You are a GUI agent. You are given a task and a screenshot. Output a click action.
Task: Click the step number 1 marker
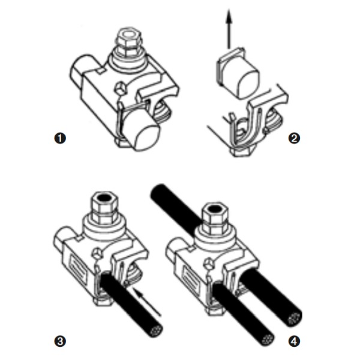click(60, 138)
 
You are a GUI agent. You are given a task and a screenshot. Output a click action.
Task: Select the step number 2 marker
click(294, 138)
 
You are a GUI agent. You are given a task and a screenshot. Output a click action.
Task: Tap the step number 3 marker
click(60, 341)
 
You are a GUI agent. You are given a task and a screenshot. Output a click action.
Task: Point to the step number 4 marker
click(294, 341)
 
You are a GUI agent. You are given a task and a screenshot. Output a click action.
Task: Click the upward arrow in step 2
click(229, 29)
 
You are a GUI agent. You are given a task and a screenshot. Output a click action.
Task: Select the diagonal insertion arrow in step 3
click(148, 302)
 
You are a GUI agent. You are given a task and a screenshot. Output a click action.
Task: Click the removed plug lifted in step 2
click(238, 73)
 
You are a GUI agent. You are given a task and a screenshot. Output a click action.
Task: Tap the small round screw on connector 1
click(121, 88)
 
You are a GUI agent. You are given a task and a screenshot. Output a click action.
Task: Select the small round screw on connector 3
click(97, 253)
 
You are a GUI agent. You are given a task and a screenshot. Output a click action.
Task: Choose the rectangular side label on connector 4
click(191, 278)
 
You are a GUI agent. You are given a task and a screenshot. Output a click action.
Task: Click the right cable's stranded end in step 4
click(295, 319)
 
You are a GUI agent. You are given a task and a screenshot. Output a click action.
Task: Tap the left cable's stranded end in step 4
click(268, 338)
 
